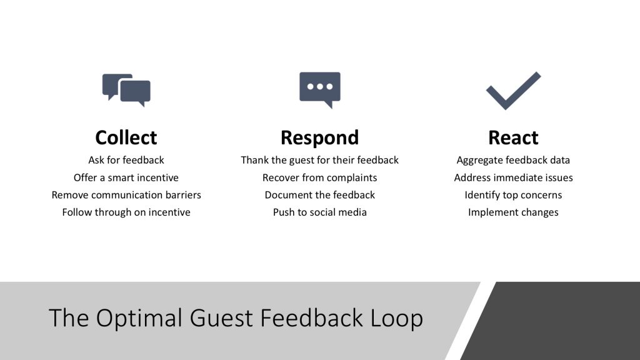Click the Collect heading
click(126, 137)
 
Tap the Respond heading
click(319, 138)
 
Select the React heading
click(513, 137)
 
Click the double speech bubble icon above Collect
click(126, 90)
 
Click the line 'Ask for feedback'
click(126, 160)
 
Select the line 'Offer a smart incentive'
click(126, 177)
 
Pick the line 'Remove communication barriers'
click(126, 195)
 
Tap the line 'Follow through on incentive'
click(126, 212)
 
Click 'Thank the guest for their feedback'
click(319, 161)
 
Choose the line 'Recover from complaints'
click(319, 178)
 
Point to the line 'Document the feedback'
click(319, 195)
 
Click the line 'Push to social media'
click(319, 212)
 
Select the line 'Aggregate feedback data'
click(513, 161)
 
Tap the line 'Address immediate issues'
click(513, 177)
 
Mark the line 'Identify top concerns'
click(513, 195)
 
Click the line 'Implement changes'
click(513, 212)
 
